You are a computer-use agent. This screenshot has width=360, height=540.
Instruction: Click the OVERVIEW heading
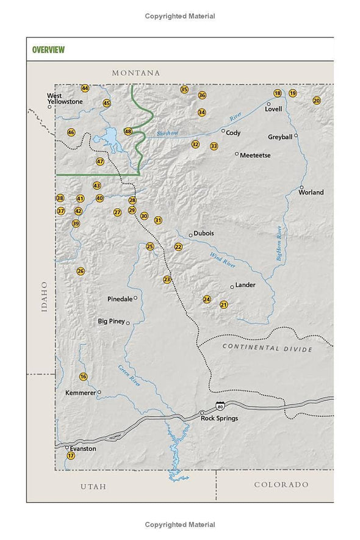click(49, 49)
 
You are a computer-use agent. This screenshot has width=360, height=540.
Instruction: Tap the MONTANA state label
click(135, 73)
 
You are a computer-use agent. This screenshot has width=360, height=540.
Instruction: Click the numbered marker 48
click(128, 131)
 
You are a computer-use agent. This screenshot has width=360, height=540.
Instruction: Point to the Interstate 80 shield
click(220, 406)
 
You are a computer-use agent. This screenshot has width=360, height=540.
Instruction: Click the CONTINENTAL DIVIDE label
click(267, 348)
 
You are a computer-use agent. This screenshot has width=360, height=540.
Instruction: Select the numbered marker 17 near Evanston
click(71, 456)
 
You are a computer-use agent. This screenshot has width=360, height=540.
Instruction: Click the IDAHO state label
click(44, 297)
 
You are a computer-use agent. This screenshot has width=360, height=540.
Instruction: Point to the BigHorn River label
click(279, 243)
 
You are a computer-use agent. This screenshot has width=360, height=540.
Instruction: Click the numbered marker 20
click(317, 101)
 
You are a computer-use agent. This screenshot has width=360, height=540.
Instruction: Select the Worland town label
click(311, 193)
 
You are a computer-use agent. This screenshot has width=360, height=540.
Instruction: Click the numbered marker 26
click(81, 271)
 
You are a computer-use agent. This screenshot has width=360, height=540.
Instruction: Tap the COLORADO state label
click(281, 484)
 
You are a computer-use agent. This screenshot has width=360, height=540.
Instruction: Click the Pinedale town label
click(120, 299)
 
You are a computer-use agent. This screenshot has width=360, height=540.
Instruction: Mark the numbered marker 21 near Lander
click(224, 304)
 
